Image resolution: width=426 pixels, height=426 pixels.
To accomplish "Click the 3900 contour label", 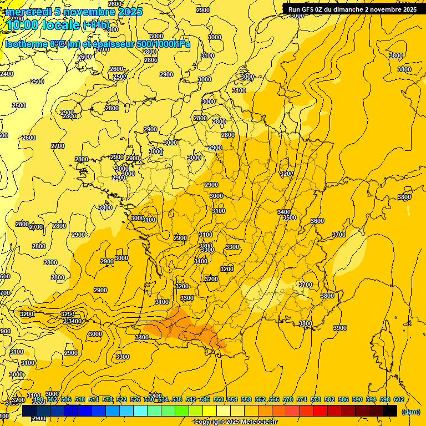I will pos(340,328).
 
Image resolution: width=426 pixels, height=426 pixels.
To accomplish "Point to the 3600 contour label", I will pos(317,221).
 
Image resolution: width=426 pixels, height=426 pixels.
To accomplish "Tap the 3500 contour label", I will pos(290,218).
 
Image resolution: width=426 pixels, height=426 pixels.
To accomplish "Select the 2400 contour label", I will pos(6,74).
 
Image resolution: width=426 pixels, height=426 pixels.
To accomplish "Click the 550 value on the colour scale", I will pos(219,399).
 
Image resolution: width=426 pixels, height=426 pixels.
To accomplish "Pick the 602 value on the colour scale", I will pos(398,399).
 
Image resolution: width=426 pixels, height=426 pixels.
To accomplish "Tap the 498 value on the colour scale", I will pos(38,399).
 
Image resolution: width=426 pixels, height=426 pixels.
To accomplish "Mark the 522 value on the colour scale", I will pos(121,399).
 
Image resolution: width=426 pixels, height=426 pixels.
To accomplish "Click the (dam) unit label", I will pos(410,412).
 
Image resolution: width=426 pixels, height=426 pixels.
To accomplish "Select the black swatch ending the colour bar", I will pos(390,410).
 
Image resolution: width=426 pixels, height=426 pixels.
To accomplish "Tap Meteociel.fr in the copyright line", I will pos(255,422).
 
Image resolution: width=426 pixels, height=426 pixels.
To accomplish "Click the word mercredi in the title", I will pos(29,11).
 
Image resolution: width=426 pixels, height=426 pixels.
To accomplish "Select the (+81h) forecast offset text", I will pos(96,26).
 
